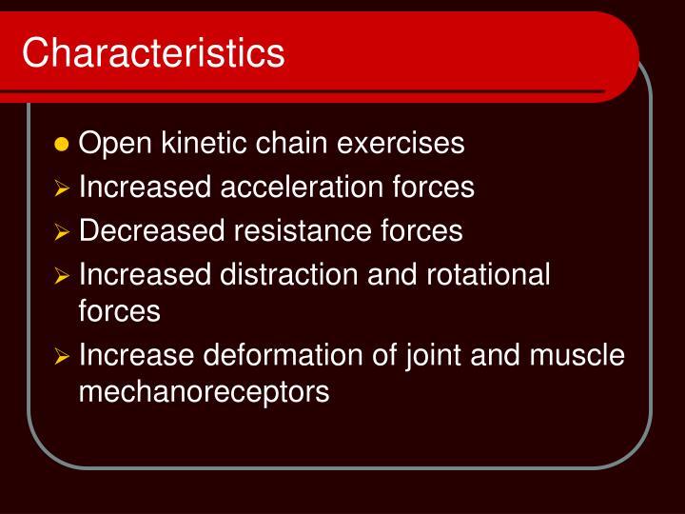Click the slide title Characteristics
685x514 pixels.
pyautogui.click(x=153, y=52)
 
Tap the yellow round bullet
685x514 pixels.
pyautogui.click(x=63, y=145)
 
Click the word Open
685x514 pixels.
pyautogui.click(x=109, y=145)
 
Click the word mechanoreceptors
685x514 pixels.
pyautogui.click(x=204, y=392)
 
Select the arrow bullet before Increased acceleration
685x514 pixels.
pyautogui.click(x=63, y=189)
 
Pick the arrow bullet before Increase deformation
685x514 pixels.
pyautogui.click(x=63, y=358)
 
